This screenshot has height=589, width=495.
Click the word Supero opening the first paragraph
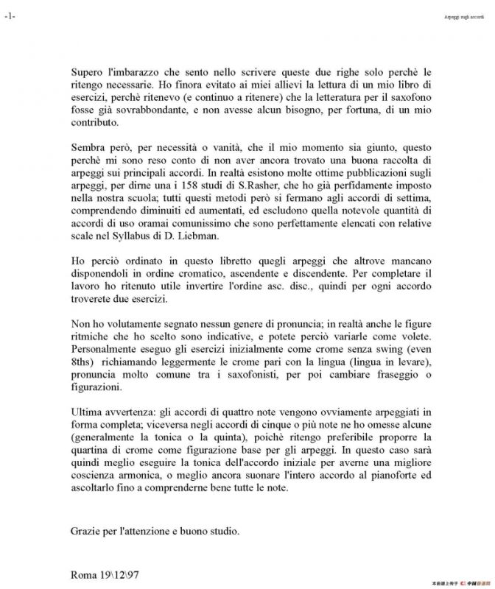pos(88,71)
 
